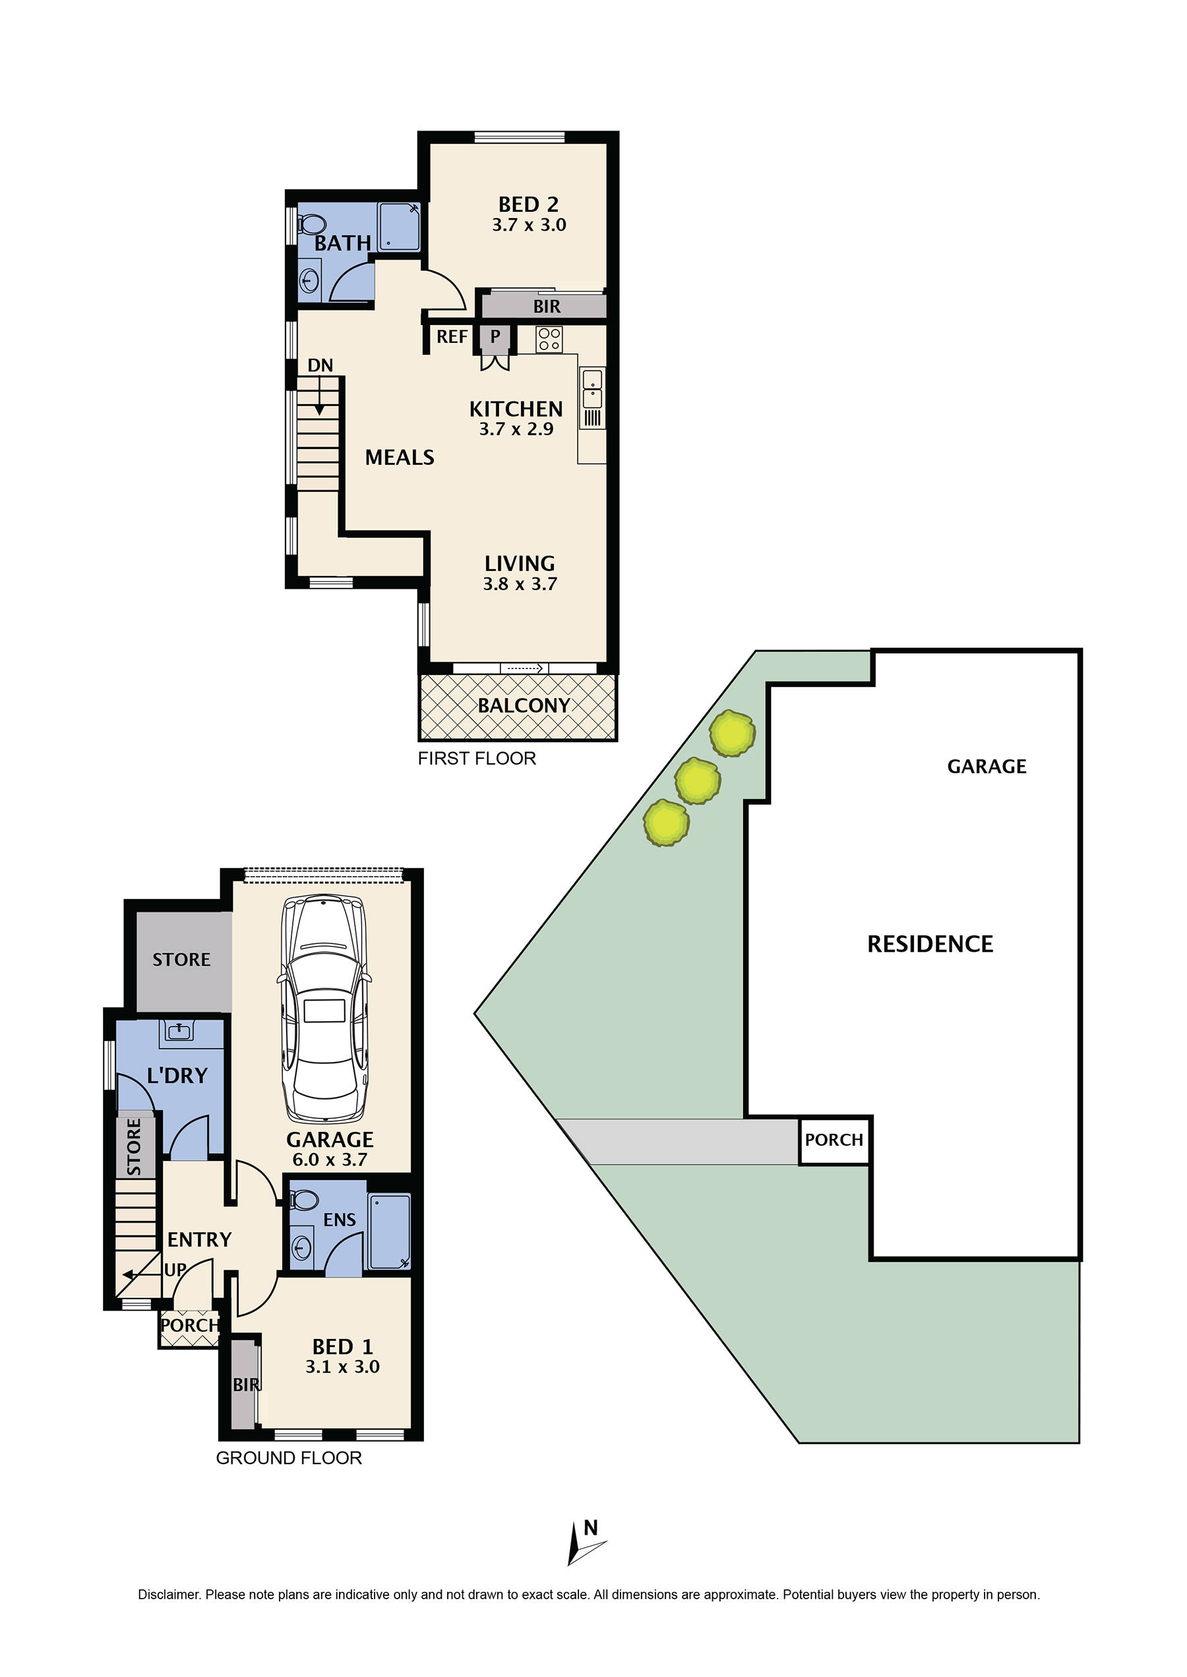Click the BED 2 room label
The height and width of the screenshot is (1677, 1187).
(528, 204)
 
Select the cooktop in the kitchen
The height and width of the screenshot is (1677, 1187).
(549, 339)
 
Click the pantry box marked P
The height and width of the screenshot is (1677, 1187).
(495, 337)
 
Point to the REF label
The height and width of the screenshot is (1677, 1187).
(452, 337)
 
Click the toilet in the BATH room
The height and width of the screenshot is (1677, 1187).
(312, 223)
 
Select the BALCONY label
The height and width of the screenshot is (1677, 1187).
(524, 706)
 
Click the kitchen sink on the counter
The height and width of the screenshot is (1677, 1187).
(592, 389)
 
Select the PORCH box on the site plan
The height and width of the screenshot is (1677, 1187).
(834, 1140)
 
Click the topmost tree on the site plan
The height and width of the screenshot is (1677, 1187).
(731, 733)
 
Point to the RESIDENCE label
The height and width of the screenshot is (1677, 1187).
(930, 944)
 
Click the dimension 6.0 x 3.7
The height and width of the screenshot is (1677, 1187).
(329, 1160)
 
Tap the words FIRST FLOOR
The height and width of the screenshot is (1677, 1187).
(477, 759)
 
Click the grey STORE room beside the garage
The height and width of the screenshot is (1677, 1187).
(182, 959)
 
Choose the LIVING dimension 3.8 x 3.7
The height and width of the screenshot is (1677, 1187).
(520, 584)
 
